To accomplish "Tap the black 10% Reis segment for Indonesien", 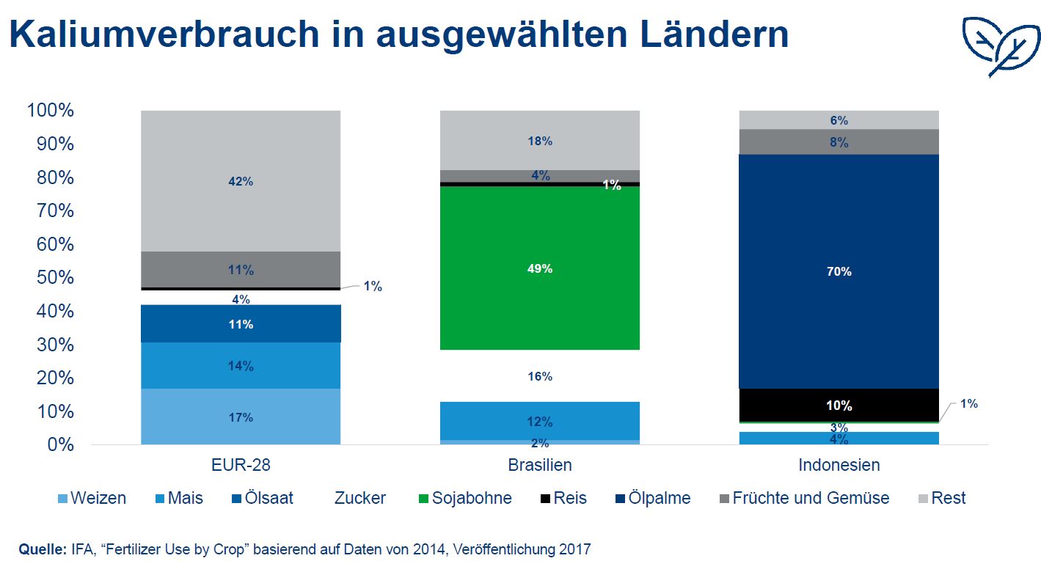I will [839, 405].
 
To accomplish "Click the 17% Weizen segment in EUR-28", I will [241, 417].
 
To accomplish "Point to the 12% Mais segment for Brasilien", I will [539, 421].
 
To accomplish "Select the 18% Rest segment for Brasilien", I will [539, 141].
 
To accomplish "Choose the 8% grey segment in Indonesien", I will [839, 142].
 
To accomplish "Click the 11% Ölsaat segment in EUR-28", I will [241, 323].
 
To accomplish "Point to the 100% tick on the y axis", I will [50, 111].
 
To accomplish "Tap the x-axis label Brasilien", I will [539, 465].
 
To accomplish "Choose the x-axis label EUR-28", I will [241, 465].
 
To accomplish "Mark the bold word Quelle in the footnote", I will [43, 548].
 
